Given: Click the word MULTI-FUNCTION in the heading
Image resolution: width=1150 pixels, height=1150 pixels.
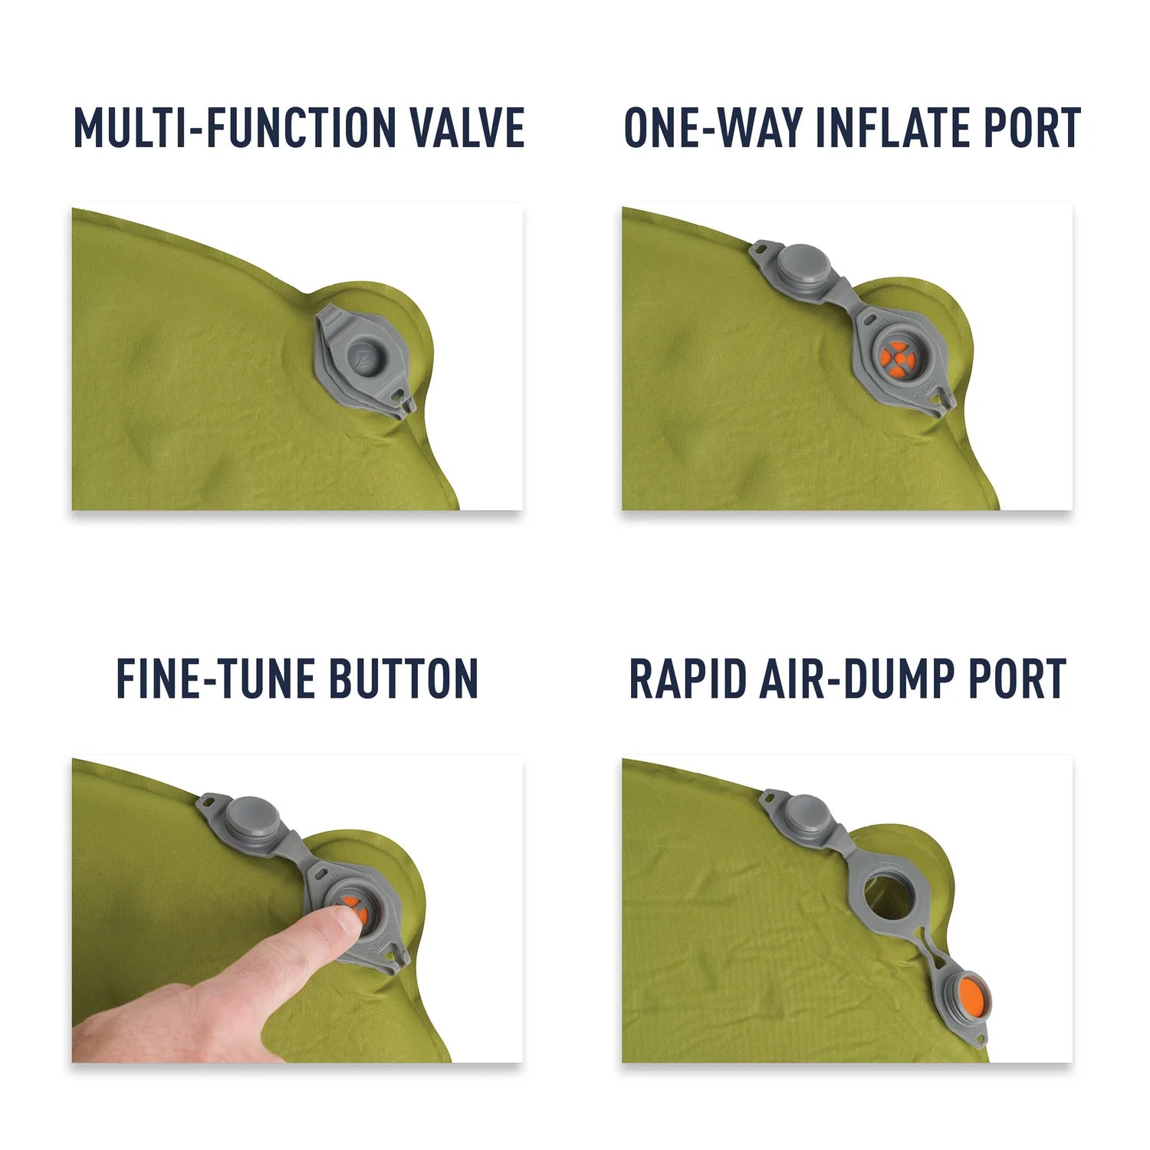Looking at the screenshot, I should coord(236,127).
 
